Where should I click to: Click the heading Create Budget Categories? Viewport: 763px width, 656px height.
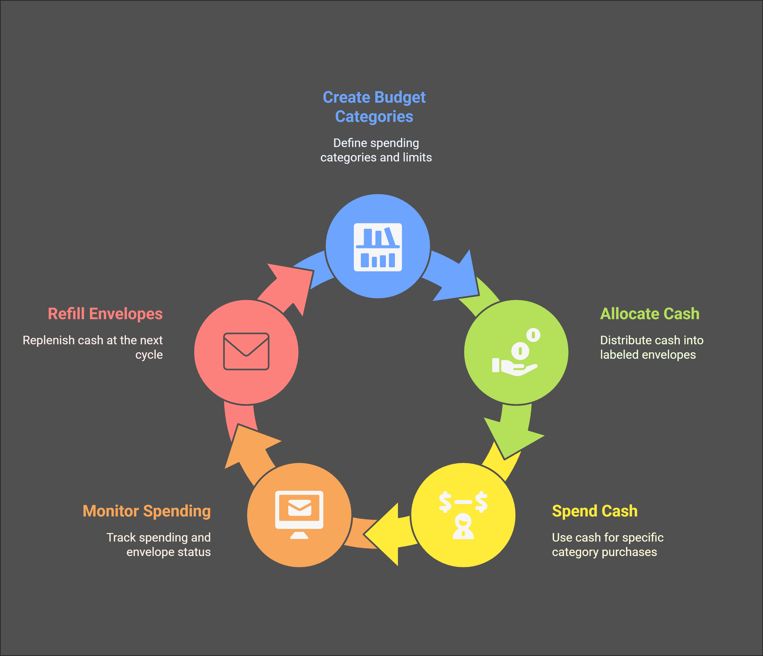374,107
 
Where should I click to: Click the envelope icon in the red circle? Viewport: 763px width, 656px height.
246,351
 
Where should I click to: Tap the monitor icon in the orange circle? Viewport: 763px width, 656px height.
299,514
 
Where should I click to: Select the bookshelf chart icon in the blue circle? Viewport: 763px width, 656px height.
378,247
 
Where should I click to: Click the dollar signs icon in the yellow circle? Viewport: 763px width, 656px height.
463,514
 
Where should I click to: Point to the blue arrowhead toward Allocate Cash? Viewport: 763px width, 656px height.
460,280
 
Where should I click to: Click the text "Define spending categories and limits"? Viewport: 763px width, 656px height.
376,150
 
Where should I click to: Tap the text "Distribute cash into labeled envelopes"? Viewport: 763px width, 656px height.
651,347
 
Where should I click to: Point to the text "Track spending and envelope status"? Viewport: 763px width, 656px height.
159,545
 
